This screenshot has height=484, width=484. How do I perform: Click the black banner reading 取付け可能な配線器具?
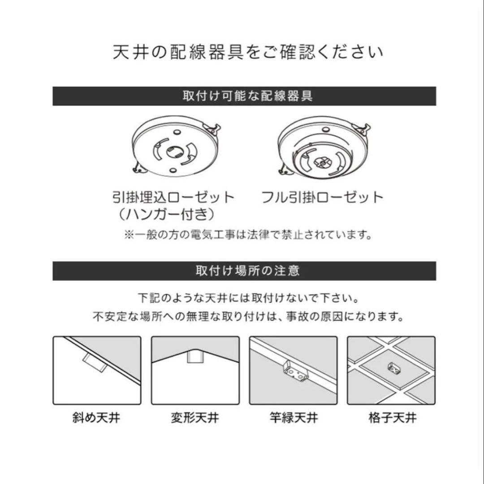point(244,96)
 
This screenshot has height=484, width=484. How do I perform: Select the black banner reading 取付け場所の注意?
point(244,271)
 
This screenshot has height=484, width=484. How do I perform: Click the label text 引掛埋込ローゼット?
point(173,198)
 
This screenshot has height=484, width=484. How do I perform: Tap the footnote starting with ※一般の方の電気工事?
point(248,235)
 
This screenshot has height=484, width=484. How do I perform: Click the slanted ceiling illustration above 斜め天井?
point(97,370)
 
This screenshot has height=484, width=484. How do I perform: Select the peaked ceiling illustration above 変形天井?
point(195,370)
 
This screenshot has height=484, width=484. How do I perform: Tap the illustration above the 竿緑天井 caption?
point(293,370)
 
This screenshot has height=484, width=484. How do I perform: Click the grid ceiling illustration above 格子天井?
point(391,370)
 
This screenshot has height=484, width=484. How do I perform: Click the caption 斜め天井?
point(96,419)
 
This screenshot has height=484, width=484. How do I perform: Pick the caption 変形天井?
point(195,419)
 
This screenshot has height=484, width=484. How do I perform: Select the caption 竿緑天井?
point(294,419)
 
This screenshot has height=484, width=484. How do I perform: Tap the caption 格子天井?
point(392,419)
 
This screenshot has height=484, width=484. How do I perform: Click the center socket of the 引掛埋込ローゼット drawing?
point(173,151)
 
